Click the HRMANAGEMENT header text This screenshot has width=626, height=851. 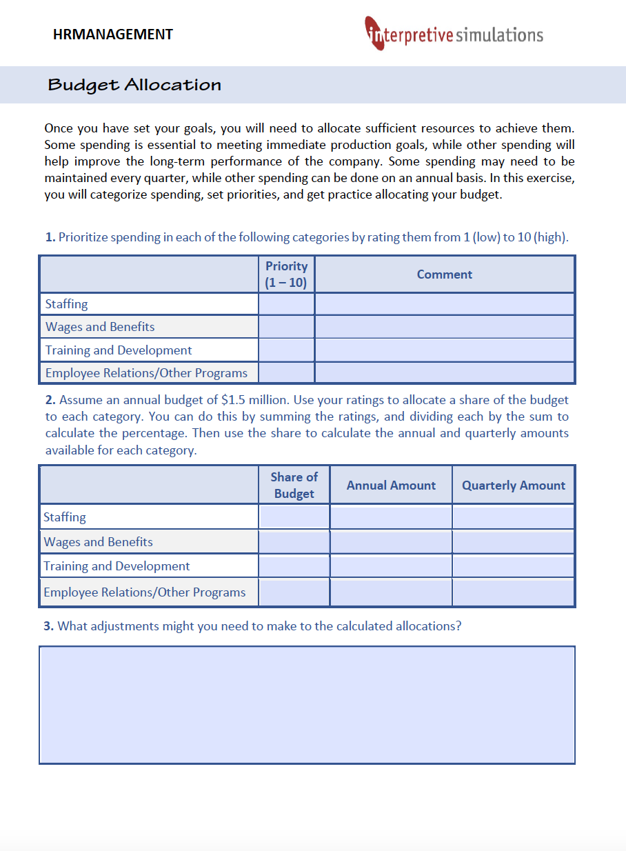point(112,34)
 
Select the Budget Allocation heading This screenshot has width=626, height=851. point(134,85)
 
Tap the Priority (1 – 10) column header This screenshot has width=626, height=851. point(286,274)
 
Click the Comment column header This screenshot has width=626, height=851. point(444,274)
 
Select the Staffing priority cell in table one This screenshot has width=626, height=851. point(286,304)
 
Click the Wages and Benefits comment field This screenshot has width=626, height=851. point(444,327)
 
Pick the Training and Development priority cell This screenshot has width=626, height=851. point(286,350)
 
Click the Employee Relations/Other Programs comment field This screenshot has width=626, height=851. point(444,373)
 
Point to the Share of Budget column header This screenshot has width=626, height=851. point(294,485)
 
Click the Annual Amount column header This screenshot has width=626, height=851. point(391,485)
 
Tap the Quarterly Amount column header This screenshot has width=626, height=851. point(513,485)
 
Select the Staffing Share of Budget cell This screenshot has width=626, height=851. point(294,517)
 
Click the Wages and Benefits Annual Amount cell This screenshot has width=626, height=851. point(391,542)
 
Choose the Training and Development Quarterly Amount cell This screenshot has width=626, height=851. point(513,566)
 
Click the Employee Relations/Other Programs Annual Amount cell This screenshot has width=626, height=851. point(391,592)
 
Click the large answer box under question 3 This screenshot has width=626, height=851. point(307,705)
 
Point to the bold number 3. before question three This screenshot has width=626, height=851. point(48,626)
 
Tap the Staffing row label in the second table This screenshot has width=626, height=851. point(65,517)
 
